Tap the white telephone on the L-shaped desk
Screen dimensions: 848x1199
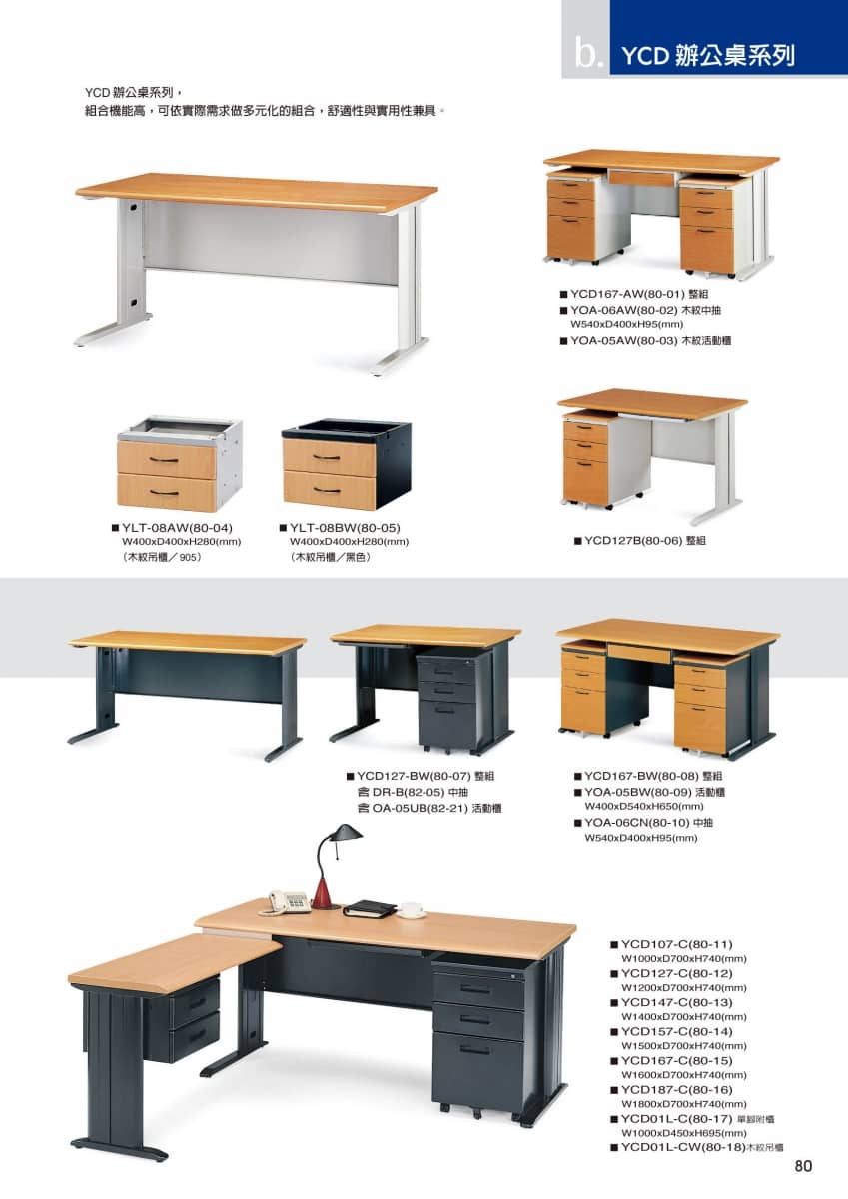[289, 901]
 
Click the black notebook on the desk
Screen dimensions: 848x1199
[370, 908]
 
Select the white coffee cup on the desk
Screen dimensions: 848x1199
[412, 909]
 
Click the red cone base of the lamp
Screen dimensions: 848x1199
[321, 892]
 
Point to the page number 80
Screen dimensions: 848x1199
[803, 1166]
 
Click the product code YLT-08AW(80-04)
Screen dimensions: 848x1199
[177, 528]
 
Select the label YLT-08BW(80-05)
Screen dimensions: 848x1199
[345, 528]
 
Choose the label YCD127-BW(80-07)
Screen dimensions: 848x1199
[414, 776]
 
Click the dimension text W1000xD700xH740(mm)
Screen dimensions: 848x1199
[684, 958]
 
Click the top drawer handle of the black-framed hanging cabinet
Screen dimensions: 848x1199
[327, 457]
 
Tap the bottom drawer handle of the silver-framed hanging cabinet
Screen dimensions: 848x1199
[164, 492]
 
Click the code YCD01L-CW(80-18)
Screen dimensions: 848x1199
[683, 1147]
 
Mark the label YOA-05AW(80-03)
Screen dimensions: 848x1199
[624, 340]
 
